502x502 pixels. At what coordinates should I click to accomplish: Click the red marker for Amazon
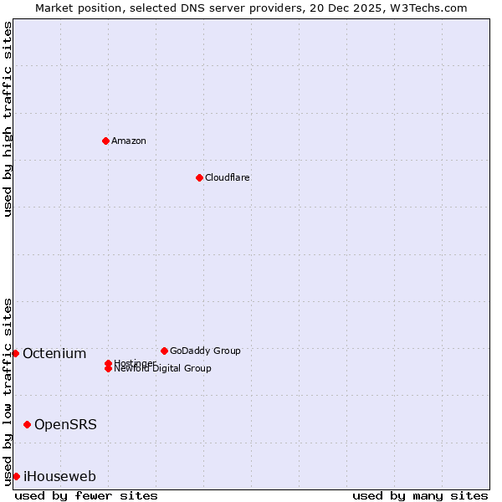click(x=105, y=141)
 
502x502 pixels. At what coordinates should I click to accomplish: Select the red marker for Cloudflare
click(x=199, y=177)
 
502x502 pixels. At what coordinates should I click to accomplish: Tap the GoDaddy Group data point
click(x=164, y=351)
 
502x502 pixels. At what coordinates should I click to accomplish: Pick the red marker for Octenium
click(x=15, y=353)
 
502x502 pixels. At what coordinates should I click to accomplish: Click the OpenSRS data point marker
click(x=27, y=424)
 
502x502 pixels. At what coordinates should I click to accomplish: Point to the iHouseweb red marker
click(x=16, y=476)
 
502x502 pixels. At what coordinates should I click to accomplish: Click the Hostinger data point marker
click(x=108, y=363)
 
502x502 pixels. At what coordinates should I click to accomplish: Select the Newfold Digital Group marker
click(x=108, y=368)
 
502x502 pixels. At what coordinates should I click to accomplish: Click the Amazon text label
click(x=128, y=141)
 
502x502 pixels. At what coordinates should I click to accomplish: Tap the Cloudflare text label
click(x=227, y=177)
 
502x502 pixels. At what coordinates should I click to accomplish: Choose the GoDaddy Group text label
click(x=205, y=351)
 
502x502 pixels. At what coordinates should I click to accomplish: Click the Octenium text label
click(x=54, y=353)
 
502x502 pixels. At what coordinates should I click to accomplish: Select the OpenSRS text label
click(x=65, y=424)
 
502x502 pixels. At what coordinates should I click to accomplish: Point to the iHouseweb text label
click(x=59, y=477)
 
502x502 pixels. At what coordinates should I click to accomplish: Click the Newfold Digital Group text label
click(x=162, y=369)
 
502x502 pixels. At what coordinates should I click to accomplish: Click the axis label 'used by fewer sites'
click(x=86, y=495)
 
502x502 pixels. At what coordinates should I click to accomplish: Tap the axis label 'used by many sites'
click(x=420, y=495)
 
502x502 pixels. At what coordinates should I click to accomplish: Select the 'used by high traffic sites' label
click(x=8, y=119)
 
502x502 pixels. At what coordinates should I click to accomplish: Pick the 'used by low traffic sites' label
click(x=8, y=391)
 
